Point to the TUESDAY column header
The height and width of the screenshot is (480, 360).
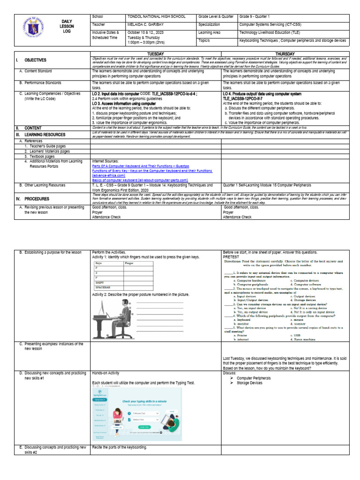point(156,53)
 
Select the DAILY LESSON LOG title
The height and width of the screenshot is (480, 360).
point(67,27)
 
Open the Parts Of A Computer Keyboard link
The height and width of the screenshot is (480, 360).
point(141,166)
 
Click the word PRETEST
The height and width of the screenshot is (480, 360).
point(231,257)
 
